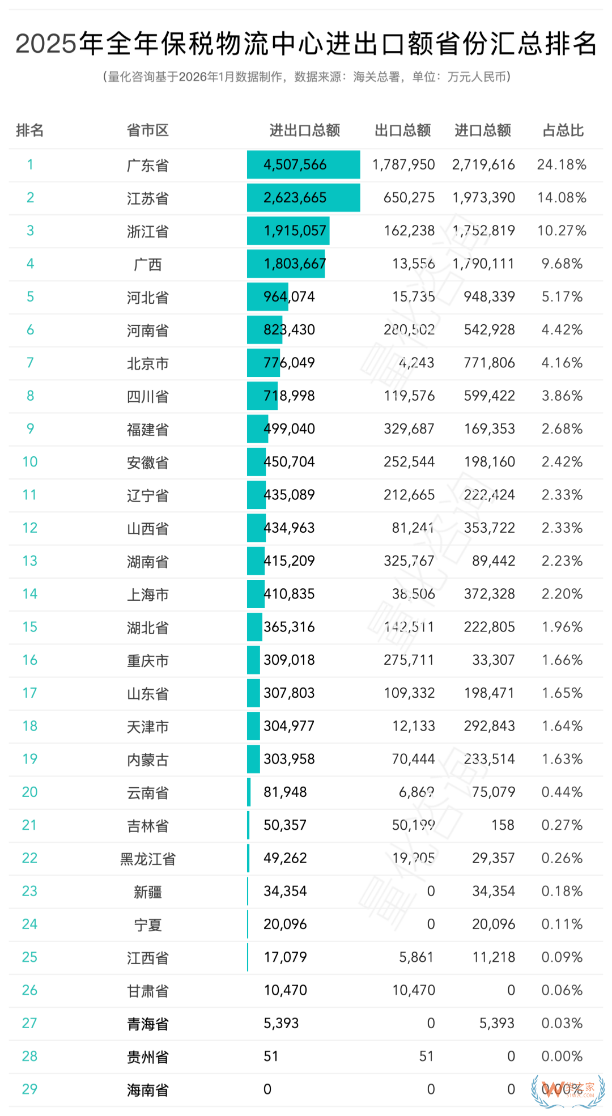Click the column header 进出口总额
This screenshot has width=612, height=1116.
(x=304, y=131)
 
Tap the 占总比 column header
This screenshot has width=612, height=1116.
(x=563, y=131)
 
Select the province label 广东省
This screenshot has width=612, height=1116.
(x=147, y=166)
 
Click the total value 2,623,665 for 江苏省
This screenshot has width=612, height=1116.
(x=295, y=198)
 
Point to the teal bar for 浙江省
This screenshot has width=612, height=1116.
(x=288, y=231)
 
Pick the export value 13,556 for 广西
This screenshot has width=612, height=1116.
(x=413, y=264)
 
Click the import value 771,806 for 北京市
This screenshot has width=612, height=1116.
(x=489, y=363)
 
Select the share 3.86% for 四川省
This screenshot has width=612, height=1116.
(x=562, y=396)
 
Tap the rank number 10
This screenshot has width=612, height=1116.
(x=30, y=462)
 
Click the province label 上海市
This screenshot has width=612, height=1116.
(x=147, y=595)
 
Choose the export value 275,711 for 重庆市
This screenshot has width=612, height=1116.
(x=409, y=660)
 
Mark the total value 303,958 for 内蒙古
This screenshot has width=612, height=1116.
(x=289, y=759)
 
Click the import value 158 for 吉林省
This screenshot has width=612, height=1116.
(x=503, y=825)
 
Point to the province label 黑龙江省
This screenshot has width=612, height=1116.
(x=147, y=859)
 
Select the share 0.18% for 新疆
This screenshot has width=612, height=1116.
(x=562, y=892)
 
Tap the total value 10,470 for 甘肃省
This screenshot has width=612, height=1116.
(x=285, y=991)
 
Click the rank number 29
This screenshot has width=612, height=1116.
(x=29, y=1089)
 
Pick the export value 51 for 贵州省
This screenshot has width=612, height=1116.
(x=426, y=1056)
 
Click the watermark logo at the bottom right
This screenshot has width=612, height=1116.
(x=568, y=1089)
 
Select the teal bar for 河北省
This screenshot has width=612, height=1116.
(x=267, y=297)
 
